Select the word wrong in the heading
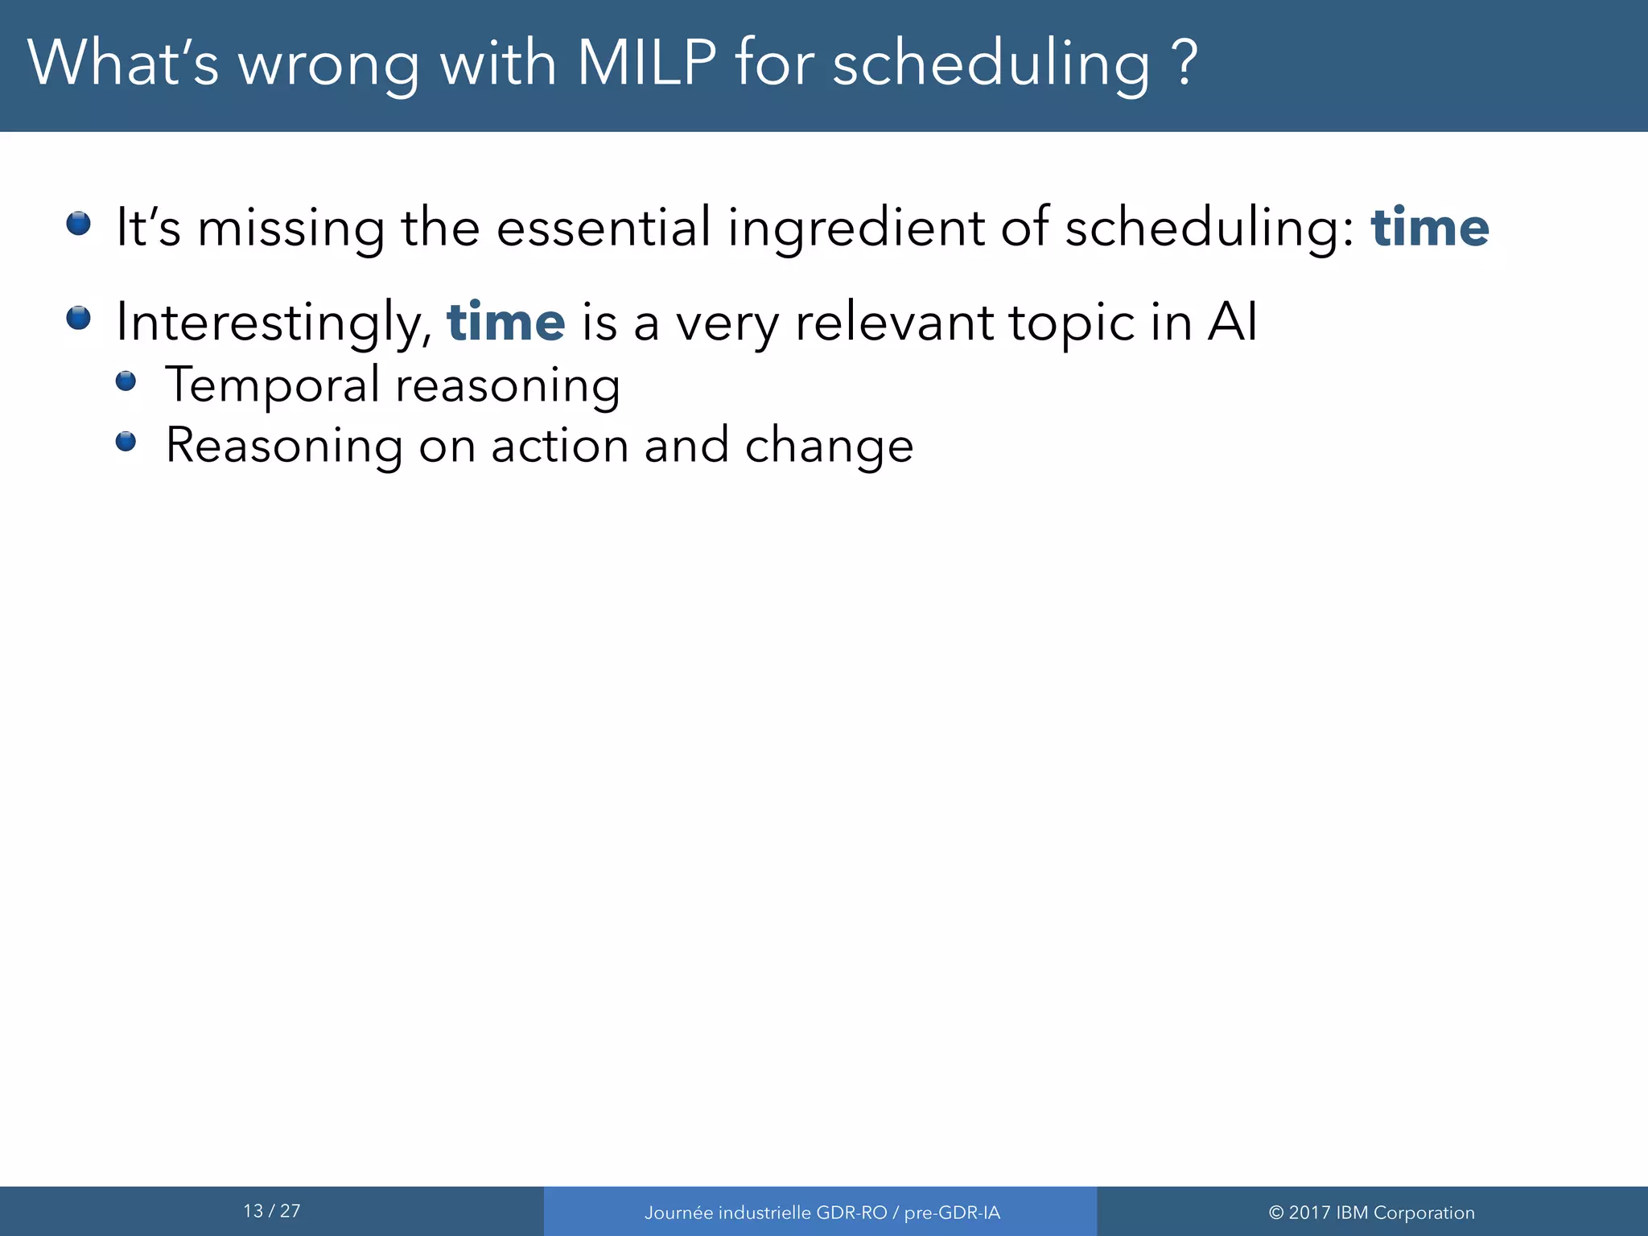pos(328,64)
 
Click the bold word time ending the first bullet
pos(1430,228)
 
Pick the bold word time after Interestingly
pos(506,322)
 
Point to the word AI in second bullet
pos(1231,322)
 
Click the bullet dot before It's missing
pos(78,223)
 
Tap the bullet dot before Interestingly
pos(78,318)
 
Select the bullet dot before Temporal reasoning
pos(126,381)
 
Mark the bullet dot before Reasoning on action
pos(126,441)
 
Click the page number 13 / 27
pos(272,1211)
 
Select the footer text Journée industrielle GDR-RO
pos(765,1213)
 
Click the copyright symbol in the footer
pos(1275,1213)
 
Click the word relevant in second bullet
pos(894,322)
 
